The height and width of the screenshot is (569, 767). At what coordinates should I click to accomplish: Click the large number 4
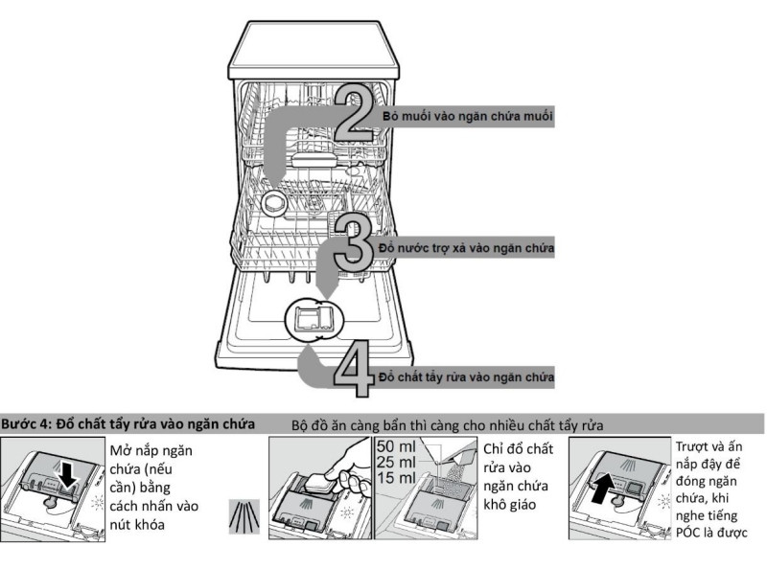[x=353, y=371]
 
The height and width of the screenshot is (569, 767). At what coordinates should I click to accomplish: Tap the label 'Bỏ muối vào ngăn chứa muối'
[x=467, y=115]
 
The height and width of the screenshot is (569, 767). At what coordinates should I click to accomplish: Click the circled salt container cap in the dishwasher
[x=276, y=203]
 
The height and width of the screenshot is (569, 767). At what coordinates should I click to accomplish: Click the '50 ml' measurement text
[x=396, y=446]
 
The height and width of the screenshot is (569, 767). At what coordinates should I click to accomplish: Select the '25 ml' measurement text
[x=396, y=463]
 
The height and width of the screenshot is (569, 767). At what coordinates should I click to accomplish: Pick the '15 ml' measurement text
[x=396, y=478]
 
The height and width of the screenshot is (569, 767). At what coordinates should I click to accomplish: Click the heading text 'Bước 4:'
[x=29, y=423]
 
